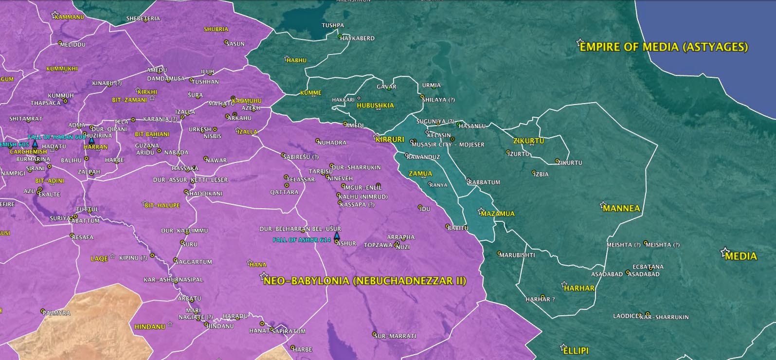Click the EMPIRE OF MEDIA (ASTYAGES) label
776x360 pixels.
tap(664, 47)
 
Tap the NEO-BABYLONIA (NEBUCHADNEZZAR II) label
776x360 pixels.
tap(365, 281)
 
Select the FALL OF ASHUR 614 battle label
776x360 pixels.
tap(302, 240)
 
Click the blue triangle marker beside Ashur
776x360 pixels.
tap(336, 235)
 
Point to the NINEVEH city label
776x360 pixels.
tap(340, 179)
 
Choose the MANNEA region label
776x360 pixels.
tap(621, 208)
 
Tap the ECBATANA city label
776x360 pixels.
tap(648, 267)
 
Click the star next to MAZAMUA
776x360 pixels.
tap(481, 211)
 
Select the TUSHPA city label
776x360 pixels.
tap(333, 25)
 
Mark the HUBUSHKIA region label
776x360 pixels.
tap(375, 106)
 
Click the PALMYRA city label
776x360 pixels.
tap(57, 313)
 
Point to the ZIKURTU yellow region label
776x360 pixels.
tap(529, 141)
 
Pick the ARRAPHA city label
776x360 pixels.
tap(401, 237)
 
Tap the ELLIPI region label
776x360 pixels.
tap(576, 350)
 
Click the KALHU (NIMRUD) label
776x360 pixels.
tap(363, 197)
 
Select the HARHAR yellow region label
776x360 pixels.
tap(579, 288)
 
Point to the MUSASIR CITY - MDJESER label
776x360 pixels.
tap(448, 144)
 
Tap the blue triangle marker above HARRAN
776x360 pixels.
tap(91, 140)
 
